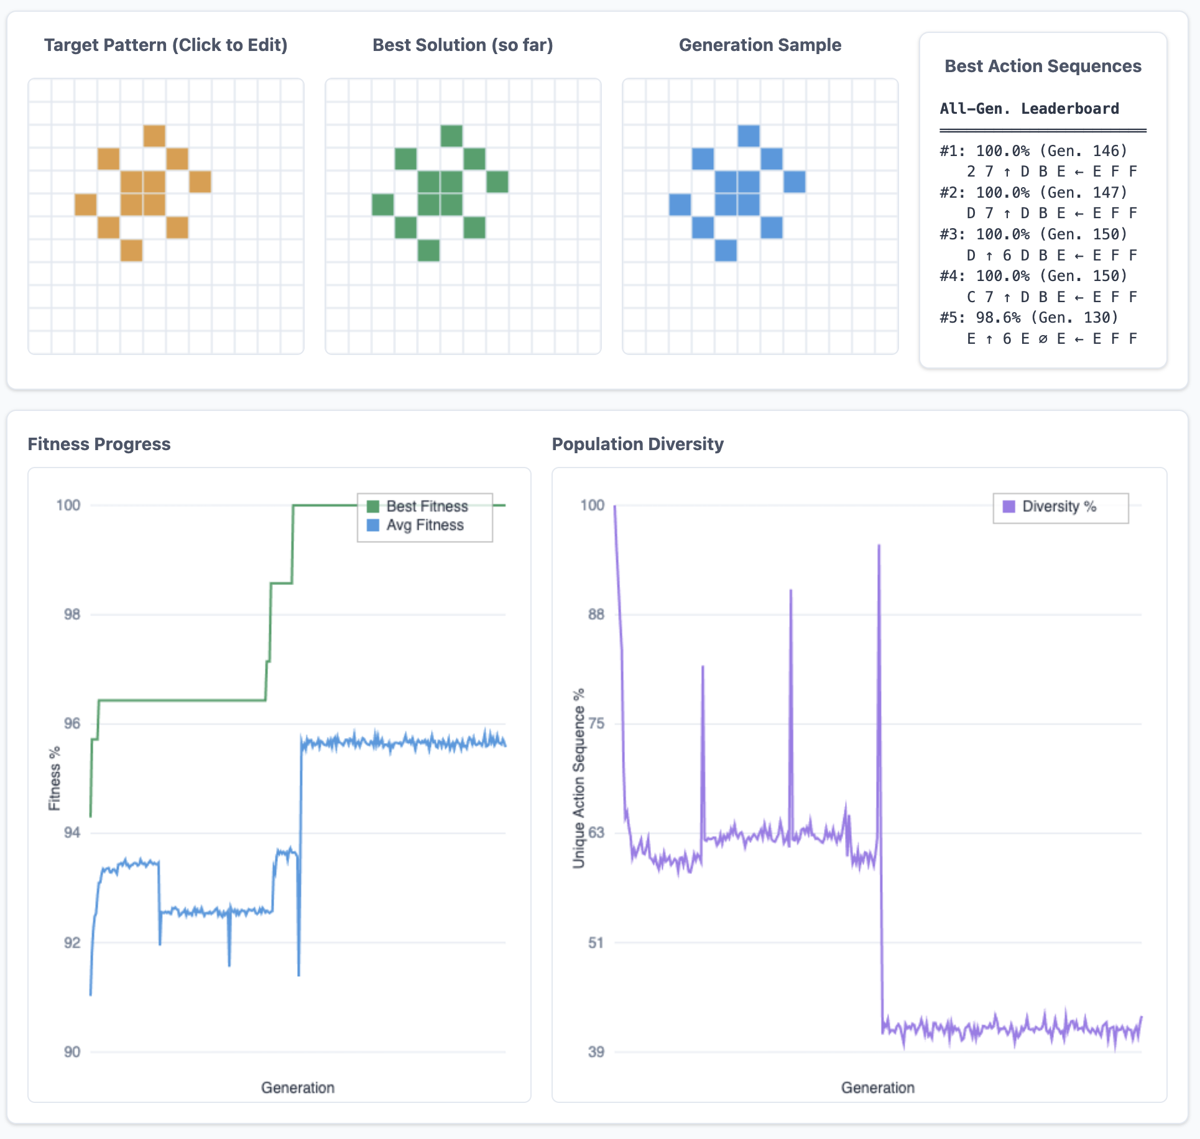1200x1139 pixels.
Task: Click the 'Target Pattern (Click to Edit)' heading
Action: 165,45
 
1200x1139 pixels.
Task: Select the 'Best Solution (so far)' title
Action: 462,45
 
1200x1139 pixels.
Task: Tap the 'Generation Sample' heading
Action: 759,45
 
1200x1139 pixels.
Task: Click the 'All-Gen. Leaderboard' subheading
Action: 1028,109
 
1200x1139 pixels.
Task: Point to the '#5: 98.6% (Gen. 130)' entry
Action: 1028,318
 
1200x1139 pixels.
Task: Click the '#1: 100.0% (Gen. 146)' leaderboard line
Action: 1033,151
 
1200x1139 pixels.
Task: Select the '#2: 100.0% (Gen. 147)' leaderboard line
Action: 1033,193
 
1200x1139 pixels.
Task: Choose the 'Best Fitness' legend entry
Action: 427,506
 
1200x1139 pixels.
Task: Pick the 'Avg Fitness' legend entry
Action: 425,525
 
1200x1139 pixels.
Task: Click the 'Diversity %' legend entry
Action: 1058,507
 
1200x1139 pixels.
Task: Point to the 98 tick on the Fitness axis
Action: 72,614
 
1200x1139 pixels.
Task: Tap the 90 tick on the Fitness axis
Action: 72,1052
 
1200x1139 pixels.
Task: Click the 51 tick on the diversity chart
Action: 596,943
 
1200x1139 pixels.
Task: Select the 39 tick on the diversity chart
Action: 596,1052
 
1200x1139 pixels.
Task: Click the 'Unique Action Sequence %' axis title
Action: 579,778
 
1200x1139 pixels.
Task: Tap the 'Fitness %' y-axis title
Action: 55,778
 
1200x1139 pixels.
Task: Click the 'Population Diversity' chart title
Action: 637,444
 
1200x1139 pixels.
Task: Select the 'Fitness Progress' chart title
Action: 99,444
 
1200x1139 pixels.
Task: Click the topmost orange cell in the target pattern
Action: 154,136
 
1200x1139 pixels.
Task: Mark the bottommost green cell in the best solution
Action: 428,251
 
